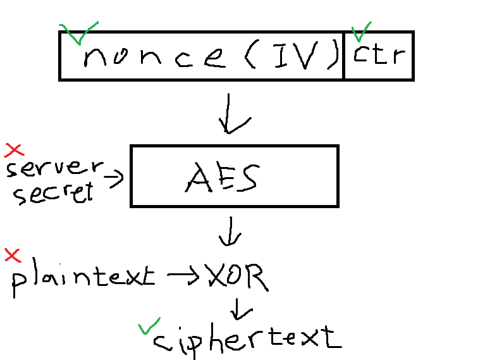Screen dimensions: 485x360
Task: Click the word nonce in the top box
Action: [x=154, y=58]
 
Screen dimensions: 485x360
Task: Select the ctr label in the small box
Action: [x=379, y=56]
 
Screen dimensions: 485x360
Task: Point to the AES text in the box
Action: [x=221, y=178]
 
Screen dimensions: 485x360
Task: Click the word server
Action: [x=54, y=169]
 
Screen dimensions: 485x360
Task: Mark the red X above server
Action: [x=14, y=149]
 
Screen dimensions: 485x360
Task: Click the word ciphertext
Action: [x=247, y=339]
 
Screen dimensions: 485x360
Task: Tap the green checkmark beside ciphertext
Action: [x=148, y=328]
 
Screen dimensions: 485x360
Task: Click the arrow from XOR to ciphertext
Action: [x=241, y=308]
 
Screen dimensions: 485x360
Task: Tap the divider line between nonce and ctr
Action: [x=344, y=56]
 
